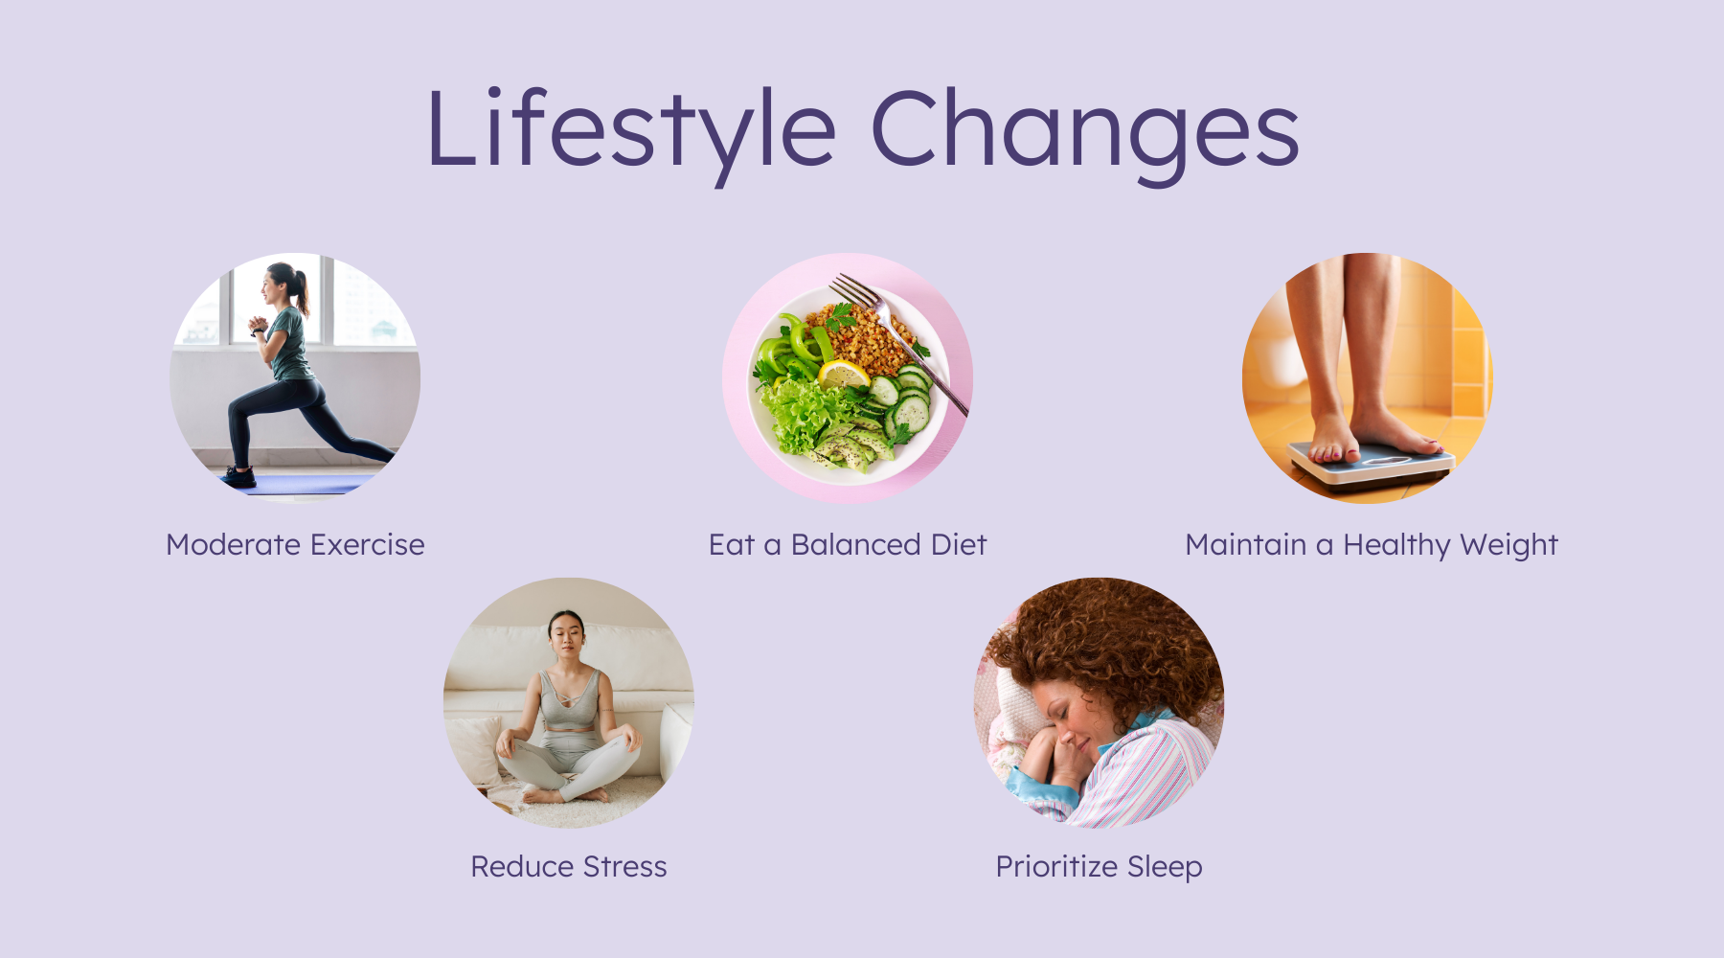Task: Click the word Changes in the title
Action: [x=1084, y=132]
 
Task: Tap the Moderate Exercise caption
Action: [x=295, y=544]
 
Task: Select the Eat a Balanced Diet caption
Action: [x=848, y=544]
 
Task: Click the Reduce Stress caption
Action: [x=569, y=866]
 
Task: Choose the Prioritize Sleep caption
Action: [x=1099, y=867]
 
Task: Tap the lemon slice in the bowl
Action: [x=844, y=374]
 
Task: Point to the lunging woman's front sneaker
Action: [x=238, y=476]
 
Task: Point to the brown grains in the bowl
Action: [x=862, y=335]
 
